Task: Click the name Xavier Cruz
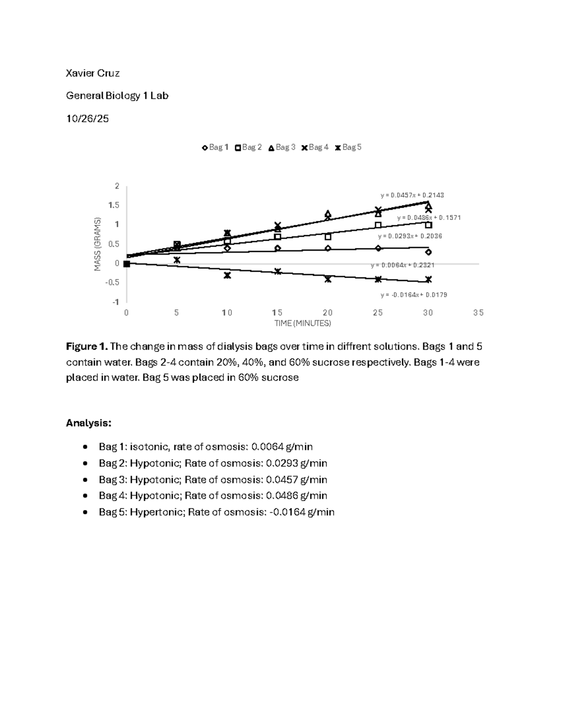[x=93, y=73]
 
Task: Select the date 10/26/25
[x=87, y=119]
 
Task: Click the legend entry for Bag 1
[x=215, y=147]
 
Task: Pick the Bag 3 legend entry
[x=282, y=147]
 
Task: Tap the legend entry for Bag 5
[x=348, y=147]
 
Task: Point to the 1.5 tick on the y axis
[x=114, y=205]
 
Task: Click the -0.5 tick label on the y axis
[x=112, y=282]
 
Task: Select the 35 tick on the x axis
[x=478, y=313]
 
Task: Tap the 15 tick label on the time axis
[x=277, y=313]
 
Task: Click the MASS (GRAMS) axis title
[x=98, y=244]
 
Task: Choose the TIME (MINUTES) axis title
[x=302, y=323]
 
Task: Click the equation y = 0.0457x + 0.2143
[x=412, y=195]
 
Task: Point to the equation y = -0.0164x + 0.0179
[x=414, y=295]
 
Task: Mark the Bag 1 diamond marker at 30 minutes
[x=428, y=252]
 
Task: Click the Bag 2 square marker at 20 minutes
[x=328, y=237]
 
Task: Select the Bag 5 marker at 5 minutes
[x=177, y=260]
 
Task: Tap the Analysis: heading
[x=89, y=424]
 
